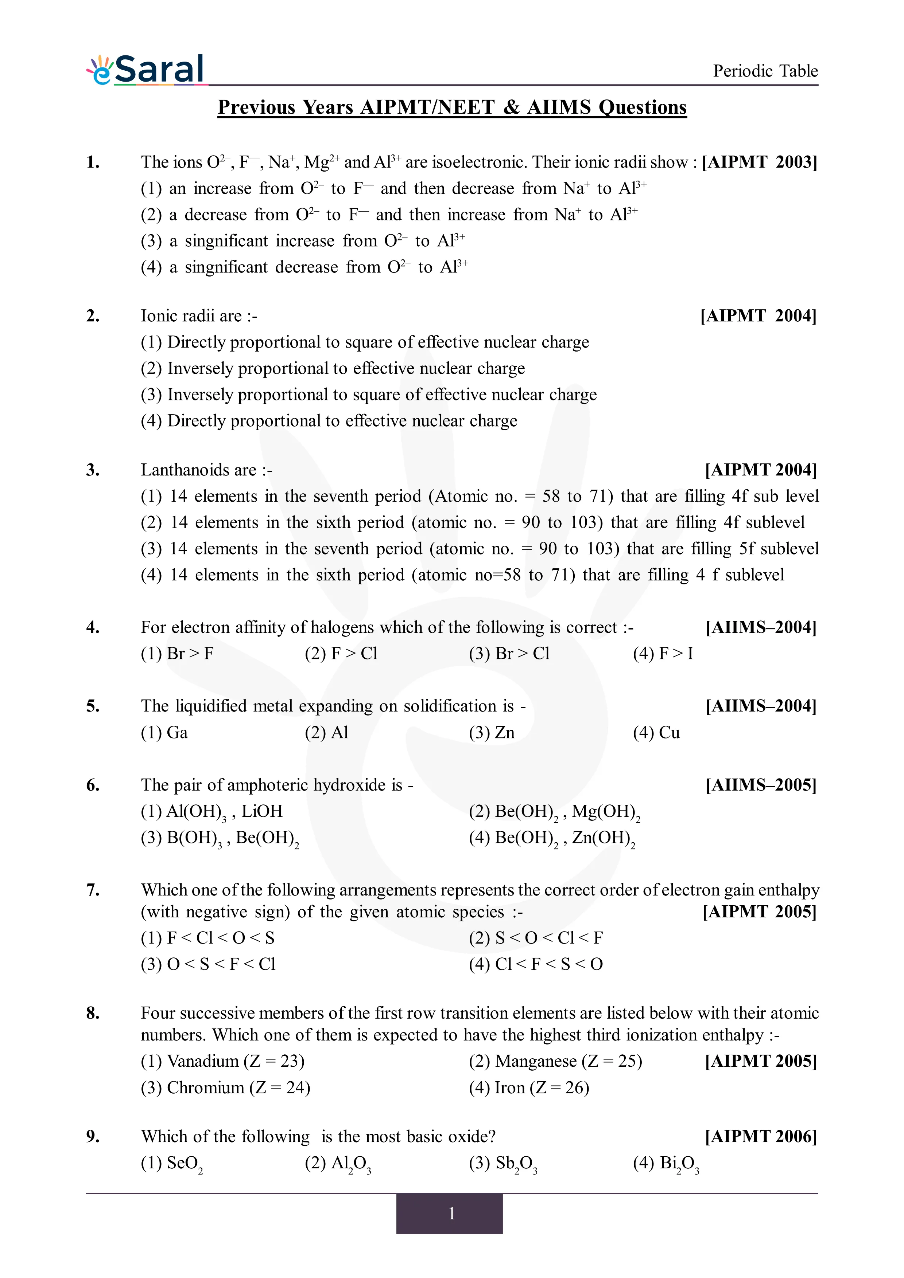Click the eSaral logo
pos(146,71)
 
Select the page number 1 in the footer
pos(451,1214)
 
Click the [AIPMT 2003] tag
pos(759,162)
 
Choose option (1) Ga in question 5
pos(164,733)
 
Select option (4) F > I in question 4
pos(663,654)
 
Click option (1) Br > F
pos(177,654)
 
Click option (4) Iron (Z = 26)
pos(529,1087)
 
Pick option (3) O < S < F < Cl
pos(208,964)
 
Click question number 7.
pos(93,890)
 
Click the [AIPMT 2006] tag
pos(761,1137)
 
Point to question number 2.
pos(93,316)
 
